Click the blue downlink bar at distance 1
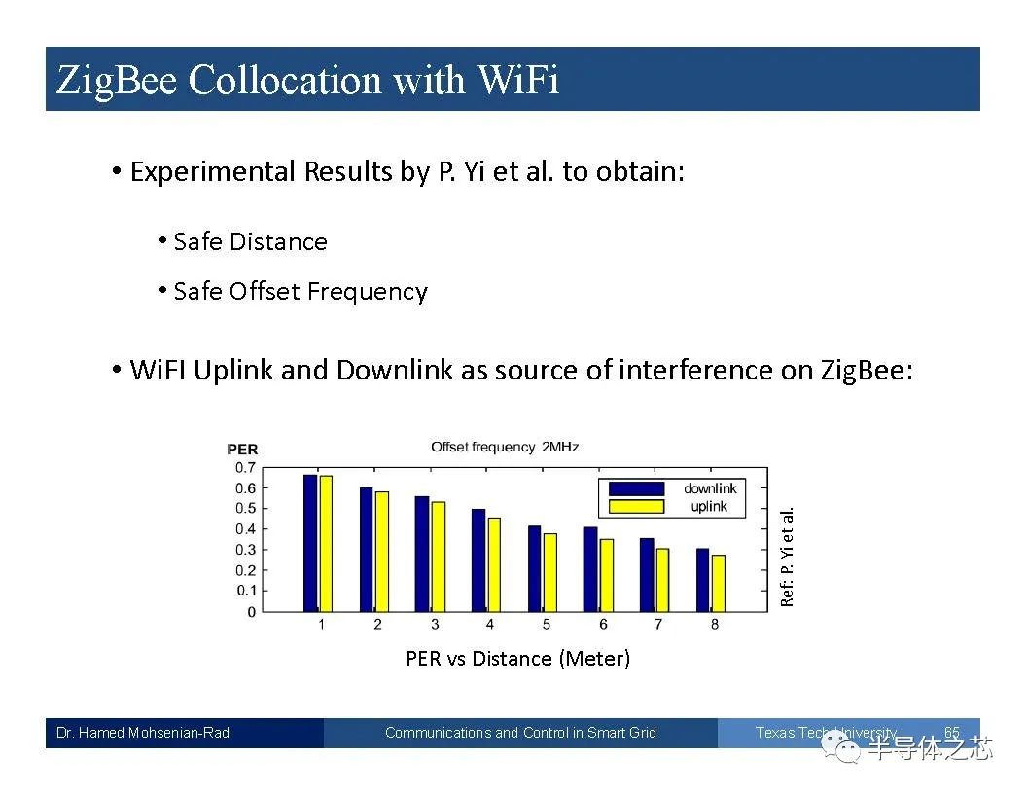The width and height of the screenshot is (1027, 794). (310, 543)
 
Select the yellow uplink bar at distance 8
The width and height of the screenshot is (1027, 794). (719, 584)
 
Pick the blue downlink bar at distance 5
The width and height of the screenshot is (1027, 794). (535, 568)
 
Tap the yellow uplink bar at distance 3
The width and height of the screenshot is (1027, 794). (439, 557)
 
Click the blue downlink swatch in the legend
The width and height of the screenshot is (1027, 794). (636, 488)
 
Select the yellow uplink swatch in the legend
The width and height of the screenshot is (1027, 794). (636, 506)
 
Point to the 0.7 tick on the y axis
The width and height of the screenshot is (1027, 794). (246, 468)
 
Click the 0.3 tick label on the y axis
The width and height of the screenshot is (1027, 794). (246, 550)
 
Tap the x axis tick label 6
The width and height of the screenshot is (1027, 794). (603, 625)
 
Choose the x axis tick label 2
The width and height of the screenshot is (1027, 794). (378, 625)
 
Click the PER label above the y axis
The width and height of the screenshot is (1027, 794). (242, 450)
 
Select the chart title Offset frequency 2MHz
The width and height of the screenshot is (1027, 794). (505, 447)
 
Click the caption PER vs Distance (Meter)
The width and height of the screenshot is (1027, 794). (518, 659)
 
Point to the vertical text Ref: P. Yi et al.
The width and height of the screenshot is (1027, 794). (788, 557)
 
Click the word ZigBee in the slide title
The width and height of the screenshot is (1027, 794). (117, 81)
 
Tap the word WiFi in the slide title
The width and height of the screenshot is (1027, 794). (517, 80)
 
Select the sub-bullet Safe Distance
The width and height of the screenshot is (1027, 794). (250, 241)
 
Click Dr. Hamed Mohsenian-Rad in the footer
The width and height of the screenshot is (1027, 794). (143, 733)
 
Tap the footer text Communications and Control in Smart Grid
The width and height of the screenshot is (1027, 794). (520, 733)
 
